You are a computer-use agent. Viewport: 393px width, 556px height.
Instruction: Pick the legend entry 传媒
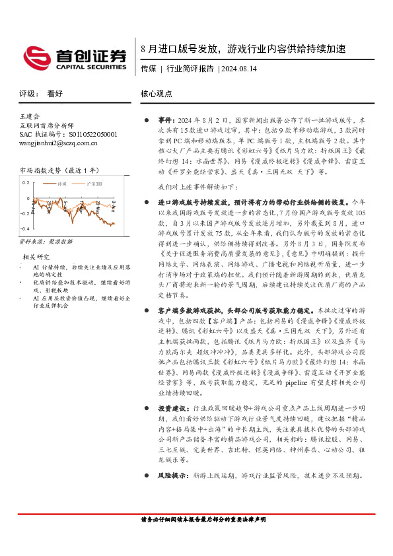(63, 183)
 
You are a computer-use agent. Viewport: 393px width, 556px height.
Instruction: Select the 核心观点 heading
(157, 94)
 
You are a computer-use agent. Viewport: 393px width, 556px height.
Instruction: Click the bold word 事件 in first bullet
(165, 122)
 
